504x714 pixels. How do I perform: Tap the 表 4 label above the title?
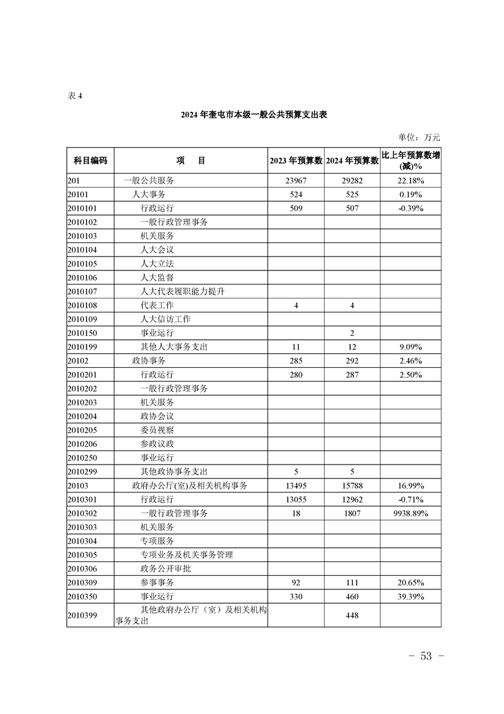(x=75, y=95)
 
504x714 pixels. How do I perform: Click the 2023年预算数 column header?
(x=296, y=161)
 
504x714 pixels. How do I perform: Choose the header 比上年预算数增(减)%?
(x=411, y=160)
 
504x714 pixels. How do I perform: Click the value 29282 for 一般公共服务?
(x=352, y=181)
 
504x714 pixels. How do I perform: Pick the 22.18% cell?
(x=411, y=181)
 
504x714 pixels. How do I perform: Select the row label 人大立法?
(x=157, y=263)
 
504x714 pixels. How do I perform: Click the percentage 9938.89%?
(x=411, y=513)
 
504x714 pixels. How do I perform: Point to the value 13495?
(x=296, y=486)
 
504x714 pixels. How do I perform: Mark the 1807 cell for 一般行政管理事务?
(x=352, y=513)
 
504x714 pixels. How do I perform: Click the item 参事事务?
(x=157, y=582)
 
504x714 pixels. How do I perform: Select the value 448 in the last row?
(x=352, y=615)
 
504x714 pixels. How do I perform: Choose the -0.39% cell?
(x=411, y=208)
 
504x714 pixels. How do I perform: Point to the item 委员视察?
(x=157, y=430)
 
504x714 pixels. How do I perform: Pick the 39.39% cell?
(x=411, y=596)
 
